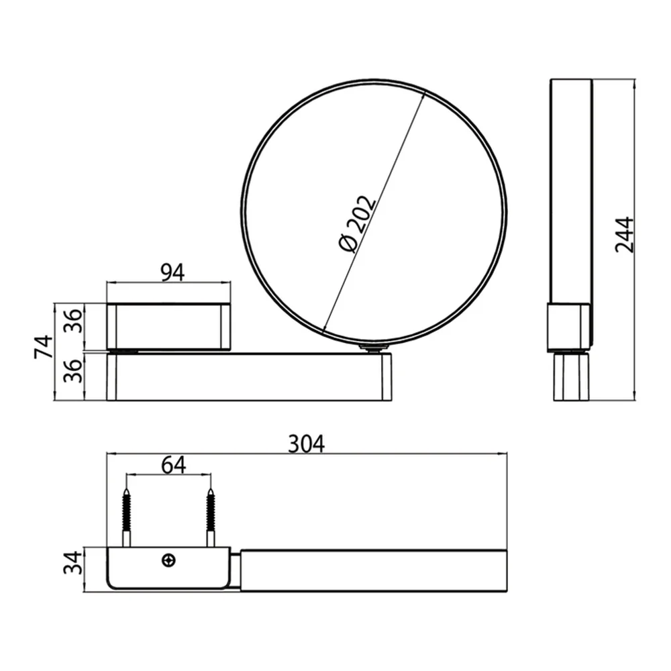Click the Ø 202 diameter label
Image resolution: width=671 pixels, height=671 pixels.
click(356, 224)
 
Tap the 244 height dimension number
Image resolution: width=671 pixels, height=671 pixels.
click(624, 234)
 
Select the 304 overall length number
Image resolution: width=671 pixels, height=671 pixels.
click(307, 444)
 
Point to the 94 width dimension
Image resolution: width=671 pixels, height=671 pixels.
click(173, 272)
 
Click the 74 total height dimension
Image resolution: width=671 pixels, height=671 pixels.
click(44, 347)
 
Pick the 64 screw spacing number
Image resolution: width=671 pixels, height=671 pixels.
click(174, 465)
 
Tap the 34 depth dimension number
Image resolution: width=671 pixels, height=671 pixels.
click(72, 563)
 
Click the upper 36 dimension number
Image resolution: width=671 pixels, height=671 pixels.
click(72, 321)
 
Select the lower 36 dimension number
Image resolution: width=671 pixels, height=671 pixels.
click(72, 370)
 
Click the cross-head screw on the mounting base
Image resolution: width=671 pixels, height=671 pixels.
click(170, 560)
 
